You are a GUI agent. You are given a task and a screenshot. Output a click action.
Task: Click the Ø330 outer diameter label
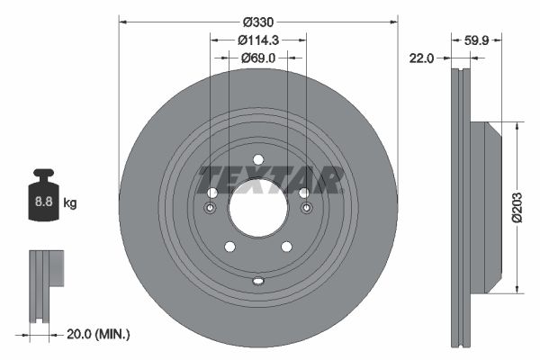258,22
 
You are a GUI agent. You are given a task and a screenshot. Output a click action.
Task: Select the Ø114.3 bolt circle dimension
258,40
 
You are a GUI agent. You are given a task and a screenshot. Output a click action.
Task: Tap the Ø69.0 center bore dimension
258,58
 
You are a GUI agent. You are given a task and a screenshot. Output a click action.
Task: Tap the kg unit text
70,203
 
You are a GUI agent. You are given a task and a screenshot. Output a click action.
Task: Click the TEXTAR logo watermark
270,179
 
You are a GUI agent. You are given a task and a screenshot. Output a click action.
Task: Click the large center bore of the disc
258,209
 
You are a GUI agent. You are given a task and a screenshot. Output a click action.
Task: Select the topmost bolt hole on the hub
258,160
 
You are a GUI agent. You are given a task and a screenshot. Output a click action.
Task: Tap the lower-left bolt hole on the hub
229,247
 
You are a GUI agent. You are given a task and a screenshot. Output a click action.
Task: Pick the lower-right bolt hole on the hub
287,247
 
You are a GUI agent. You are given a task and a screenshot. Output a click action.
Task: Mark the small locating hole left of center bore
210,210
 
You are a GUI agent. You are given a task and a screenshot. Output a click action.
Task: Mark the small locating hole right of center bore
307,210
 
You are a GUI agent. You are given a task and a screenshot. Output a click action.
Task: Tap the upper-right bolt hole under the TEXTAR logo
304,193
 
